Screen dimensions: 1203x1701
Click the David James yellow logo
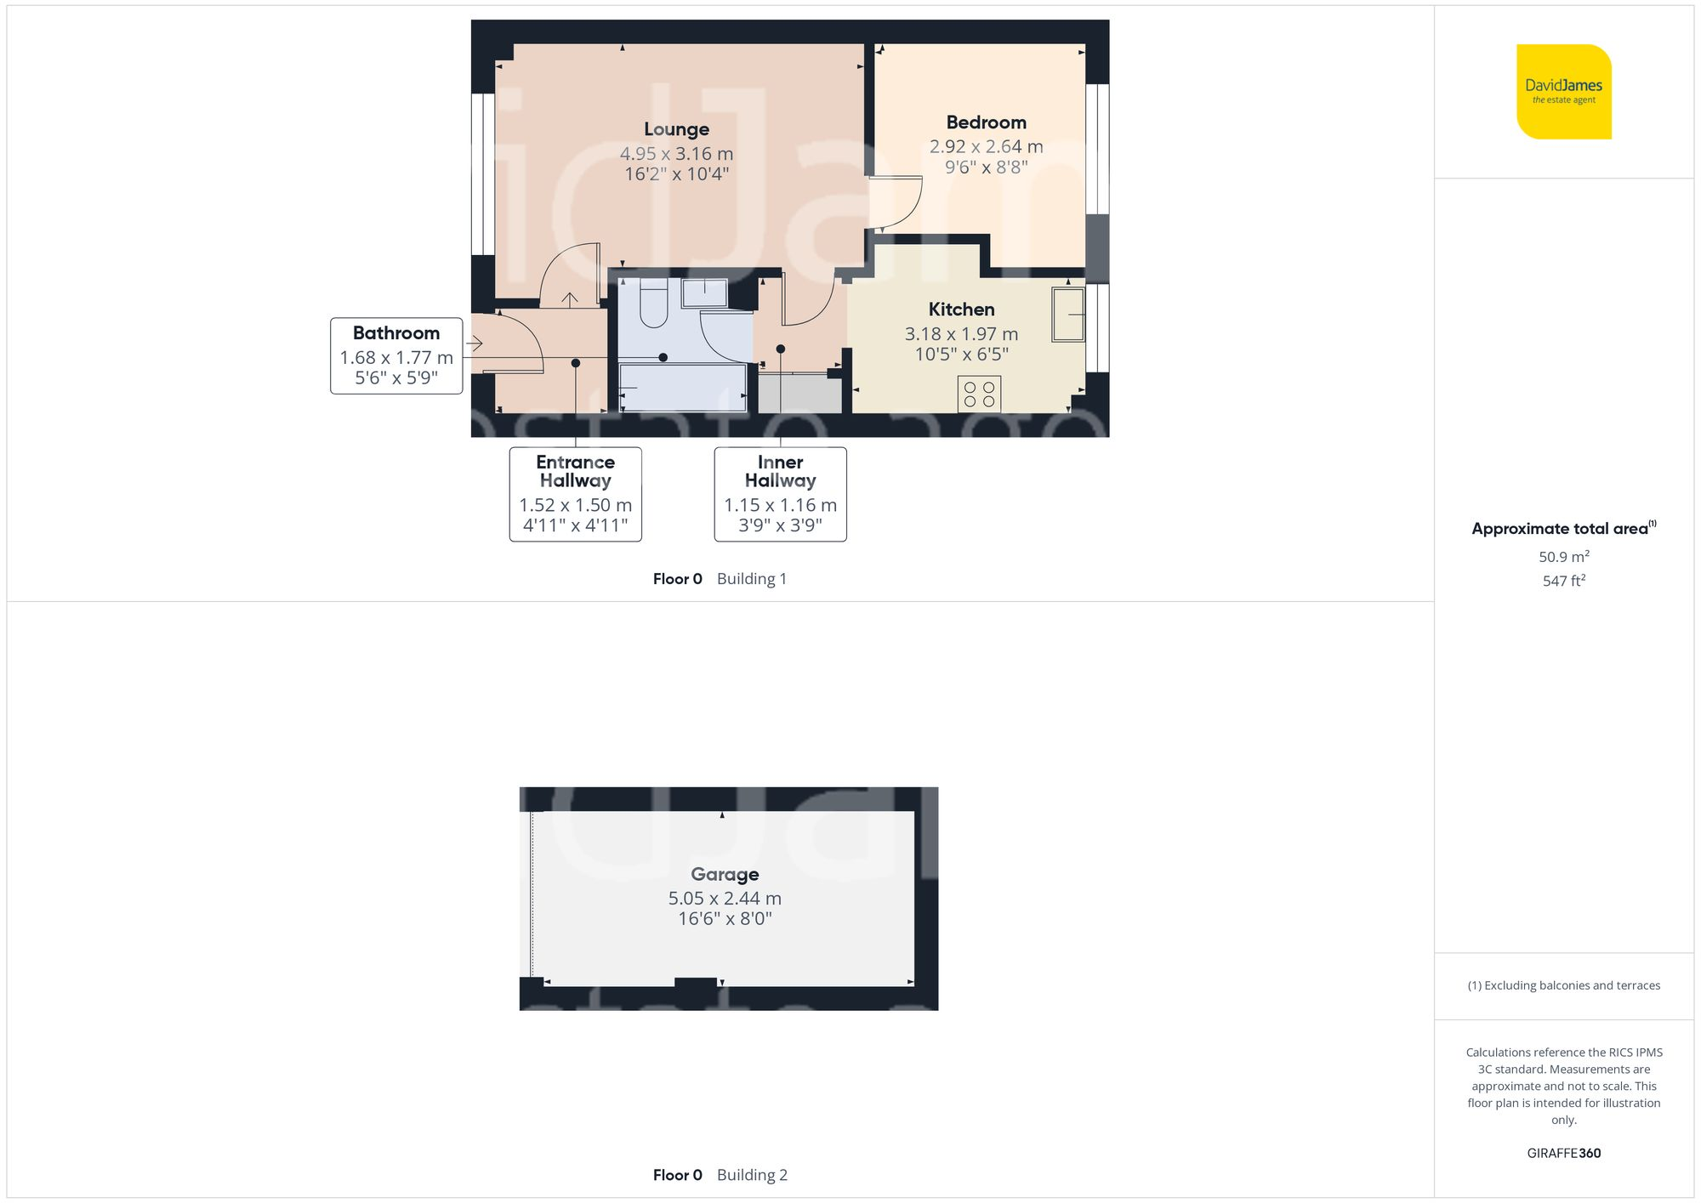1563,92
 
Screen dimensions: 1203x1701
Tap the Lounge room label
676,129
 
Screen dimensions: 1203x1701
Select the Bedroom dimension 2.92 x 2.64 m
986,146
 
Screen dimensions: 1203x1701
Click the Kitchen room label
961,309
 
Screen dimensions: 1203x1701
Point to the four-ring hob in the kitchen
979,394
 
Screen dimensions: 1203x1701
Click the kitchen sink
1068,315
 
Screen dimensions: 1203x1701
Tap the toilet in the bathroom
653,305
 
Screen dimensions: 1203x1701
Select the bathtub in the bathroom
683,388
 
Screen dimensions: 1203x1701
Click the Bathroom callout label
396,355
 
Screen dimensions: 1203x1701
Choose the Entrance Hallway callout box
576,494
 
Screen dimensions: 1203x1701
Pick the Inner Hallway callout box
780,494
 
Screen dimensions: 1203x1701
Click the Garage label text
725,874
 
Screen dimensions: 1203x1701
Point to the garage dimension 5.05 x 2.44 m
725,898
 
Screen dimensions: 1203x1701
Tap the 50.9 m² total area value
1563,557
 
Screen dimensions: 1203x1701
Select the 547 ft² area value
1563,581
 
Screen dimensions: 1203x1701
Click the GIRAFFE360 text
1563,1153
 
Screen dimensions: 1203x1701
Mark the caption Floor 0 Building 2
720,1175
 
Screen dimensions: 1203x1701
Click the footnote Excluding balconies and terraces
1563,985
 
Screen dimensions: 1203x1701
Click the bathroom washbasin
704,292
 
